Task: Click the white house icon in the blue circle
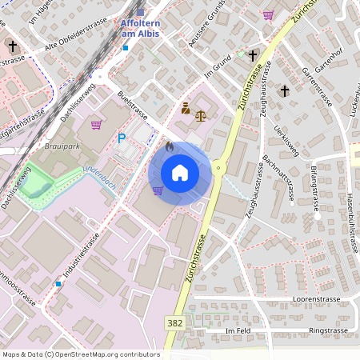(x=180, y=173)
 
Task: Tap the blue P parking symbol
(x=122, y=138)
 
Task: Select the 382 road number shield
(x=174, y=322)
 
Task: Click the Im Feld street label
(x=238, y=330)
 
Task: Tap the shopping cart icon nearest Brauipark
(x=96, y=125)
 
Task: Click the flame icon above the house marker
(x=170, y=146)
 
